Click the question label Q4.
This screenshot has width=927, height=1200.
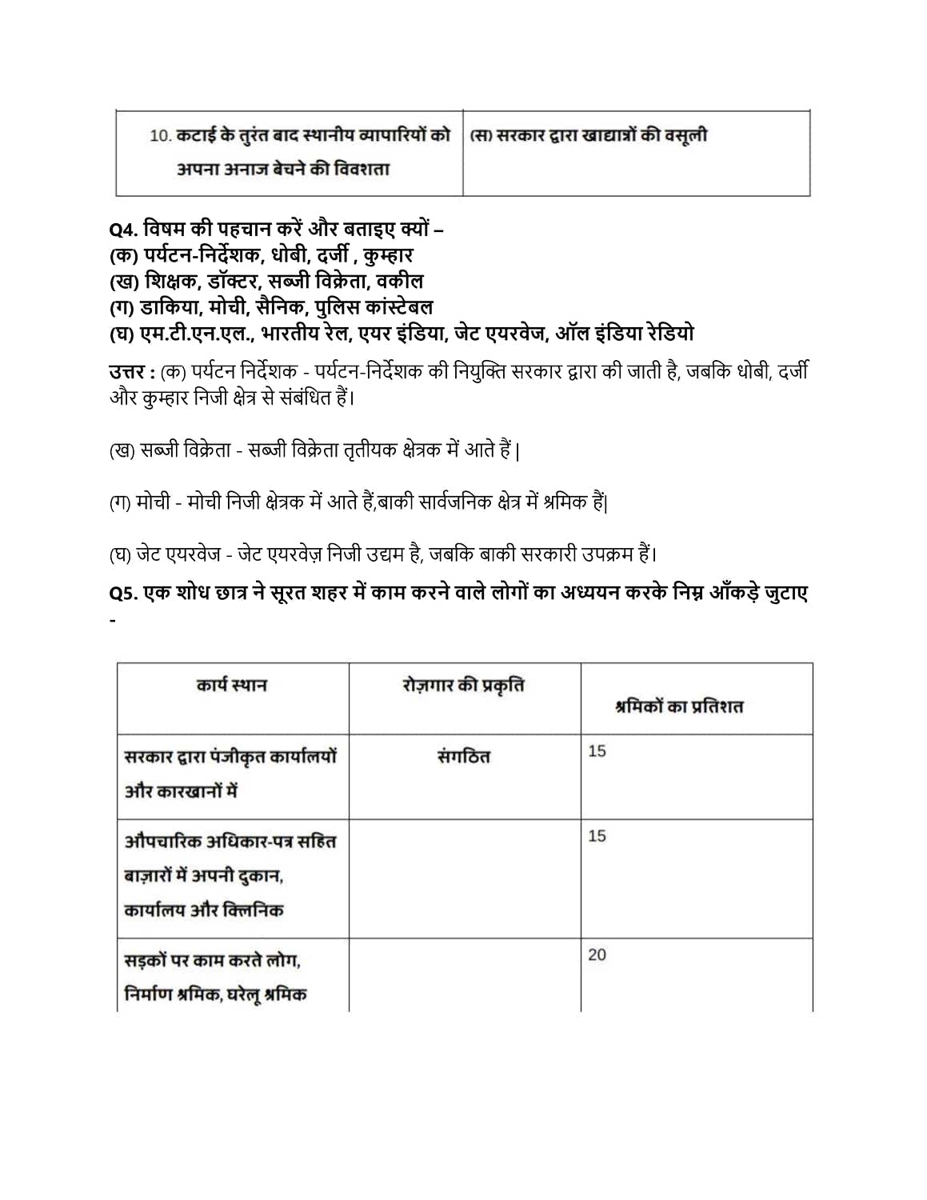click(x=123, y=230)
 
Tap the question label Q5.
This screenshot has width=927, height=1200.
click(x=123, y=593)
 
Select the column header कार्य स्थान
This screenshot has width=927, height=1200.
click(x=232, y=686)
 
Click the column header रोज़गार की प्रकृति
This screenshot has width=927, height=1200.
click(x=464, y=686)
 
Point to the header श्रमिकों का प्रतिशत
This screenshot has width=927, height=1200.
click(x=679, y=706)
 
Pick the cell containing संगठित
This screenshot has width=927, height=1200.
click(x=464, y=756)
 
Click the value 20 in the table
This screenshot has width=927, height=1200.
click(x=597, y=954)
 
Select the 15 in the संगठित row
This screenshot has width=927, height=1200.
click(x=597, y=751)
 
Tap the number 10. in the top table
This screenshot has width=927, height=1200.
click(x=160, y=136)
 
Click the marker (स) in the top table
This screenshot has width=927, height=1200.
click(x=480, y=136)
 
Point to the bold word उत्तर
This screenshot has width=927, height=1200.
click(x=126, y=372)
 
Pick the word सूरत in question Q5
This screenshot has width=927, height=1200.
click(x=296, y=593)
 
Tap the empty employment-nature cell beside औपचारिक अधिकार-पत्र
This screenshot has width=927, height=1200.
click(x=464, y=878)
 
